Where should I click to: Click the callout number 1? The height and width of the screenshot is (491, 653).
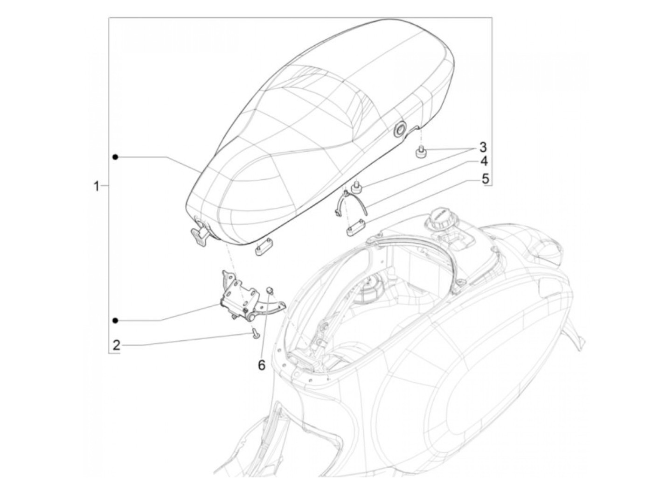(x=96, y=187)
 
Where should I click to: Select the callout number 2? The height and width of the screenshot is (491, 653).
(x=116, y=345)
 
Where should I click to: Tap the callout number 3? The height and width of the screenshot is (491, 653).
(x=482, y=147)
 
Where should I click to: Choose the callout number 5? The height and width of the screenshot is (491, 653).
(x=485, y=178)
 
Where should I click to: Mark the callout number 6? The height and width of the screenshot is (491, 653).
(x=261, y=365)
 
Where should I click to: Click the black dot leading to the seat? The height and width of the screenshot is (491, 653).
(x=115, y=157)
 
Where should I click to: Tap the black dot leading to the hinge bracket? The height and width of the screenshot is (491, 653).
(x=115, y=320)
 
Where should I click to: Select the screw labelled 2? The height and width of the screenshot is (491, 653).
(x=254, y=333)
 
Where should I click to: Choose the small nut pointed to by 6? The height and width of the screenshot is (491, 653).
(x=269, y=292)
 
